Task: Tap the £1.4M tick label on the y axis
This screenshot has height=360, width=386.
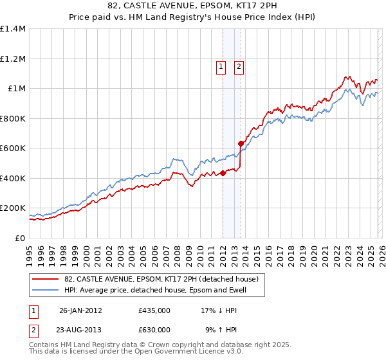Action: click(x=13, y=29)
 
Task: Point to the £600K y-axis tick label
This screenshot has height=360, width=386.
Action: click(x=13, y=148)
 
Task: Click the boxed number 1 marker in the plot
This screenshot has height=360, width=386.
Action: click(x=221, y=66)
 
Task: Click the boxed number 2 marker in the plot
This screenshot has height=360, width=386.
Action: click(x=239, y=66)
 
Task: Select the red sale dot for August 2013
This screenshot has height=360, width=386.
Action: click(x=241, y=144)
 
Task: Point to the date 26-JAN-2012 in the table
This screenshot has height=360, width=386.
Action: click(x=80, y=310)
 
